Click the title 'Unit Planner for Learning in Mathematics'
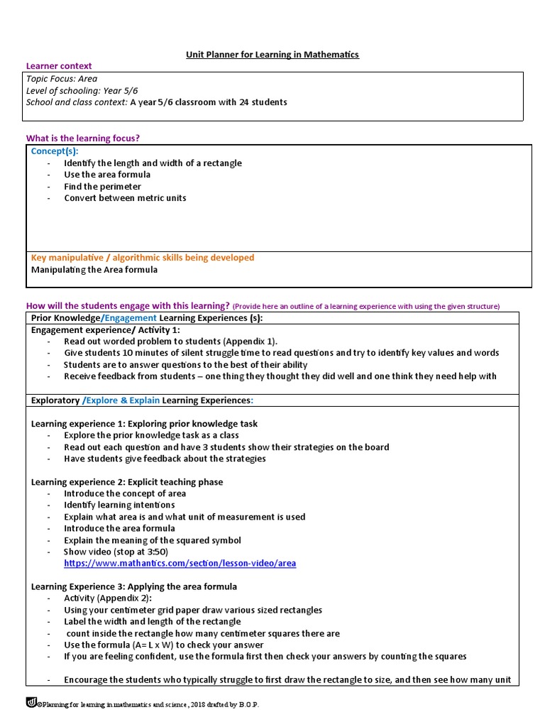point(272,55)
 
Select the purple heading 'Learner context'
point(59,66)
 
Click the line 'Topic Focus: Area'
point(62,79)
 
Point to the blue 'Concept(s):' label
point(55,151)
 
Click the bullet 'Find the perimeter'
point(102,186)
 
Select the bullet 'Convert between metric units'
point(125,198)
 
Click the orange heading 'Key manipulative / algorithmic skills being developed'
point(143,258)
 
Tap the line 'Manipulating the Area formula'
point(94,270)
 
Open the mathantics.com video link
point(180,564)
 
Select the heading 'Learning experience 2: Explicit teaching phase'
point(127,482)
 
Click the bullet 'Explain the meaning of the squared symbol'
point(153,540)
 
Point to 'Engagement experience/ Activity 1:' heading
point(106,330)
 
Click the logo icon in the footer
point(31,703)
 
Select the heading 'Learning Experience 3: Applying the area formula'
point(134,586)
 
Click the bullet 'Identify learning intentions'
point(119,505)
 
